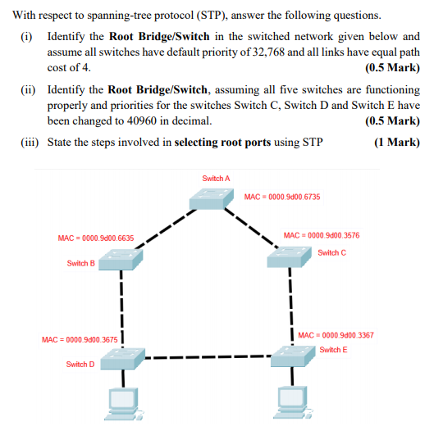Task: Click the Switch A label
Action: tap(216, 178)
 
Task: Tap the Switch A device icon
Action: tap(209, 198)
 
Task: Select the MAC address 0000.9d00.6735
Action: tap(282, 197)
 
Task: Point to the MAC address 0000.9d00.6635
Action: tap(96, 238)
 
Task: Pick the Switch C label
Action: tap(331, 252)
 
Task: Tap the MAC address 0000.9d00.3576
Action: tap(321, 235)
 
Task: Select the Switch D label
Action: tap(80, 364)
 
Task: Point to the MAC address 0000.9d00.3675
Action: tap(80, 339)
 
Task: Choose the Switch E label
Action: tap(333, 350)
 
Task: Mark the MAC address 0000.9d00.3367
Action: tap(336, 335)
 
